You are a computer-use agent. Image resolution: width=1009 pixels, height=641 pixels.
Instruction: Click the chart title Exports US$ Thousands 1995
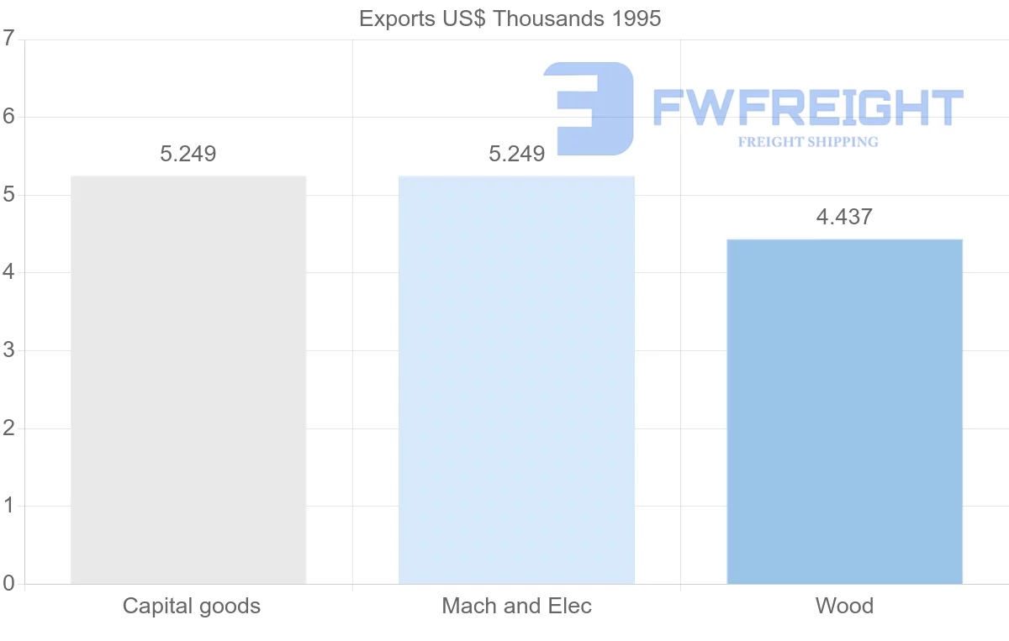coord(510,18)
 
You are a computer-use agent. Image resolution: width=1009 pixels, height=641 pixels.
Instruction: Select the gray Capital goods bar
coord(188,380)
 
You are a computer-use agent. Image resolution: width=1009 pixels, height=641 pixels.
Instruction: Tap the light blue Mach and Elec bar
coord(516,380)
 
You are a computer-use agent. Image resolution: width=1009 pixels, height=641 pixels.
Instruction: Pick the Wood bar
coord(844,412)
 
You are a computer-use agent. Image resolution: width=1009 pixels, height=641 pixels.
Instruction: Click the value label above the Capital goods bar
coord(188,154)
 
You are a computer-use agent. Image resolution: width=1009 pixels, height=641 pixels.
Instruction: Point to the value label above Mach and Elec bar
coord(516,154)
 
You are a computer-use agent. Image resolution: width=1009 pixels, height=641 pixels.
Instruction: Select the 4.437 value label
coord(844,217)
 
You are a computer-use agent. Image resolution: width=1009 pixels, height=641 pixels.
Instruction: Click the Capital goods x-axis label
coord(192,606)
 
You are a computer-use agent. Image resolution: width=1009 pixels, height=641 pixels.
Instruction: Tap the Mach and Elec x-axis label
coord(516,606)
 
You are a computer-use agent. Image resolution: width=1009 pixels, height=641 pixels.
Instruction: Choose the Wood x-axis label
coord(844,606)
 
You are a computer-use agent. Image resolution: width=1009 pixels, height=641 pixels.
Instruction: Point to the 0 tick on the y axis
coord(8,584)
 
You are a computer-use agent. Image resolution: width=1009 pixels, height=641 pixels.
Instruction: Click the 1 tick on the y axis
coord(8,506)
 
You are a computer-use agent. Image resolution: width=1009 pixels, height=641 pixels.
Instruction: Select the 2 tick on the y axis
coord(8,428)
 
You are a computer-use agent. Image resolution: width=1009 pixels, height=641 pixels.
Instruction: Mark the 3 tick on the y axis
coord(8,350)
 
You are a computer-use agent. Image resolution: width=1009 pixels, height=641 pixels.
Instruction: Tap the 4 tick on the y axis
coord(8,273)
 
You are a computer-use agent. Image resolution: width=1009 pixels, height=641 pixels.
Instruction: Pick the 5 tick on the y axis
coord(8,195)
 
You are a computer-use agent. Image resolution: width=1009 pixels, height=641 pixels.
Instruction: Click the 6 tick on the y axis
coord(8,117)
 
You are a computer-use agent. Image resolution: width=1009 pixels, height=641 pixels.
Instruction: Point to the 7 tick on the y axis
coord(8,39)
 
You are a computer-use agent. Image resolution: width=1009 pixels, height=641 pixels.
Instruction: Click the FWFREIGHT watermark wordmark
coord(807,108)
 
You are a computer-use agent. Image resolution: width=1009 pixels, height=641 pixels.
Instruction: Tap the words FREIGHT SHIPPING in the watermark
coord(807,142)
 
